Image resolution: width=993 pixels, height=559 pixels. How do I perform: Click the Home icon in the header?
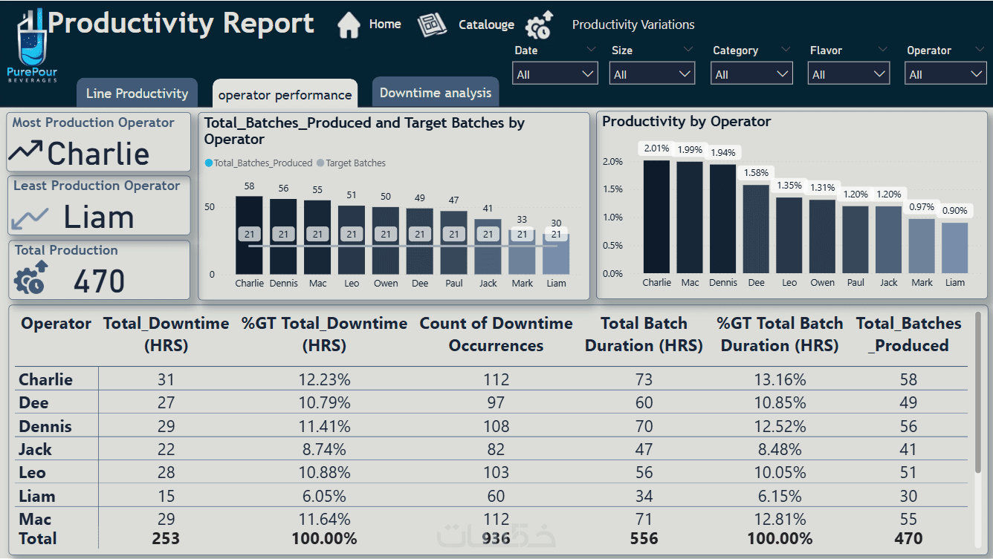(349, 24)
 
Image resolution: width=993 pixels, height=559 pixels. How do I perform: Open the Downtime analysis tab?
(436, 93)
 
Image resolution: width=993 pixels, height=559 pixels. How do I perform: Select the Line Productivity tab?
(137, 94)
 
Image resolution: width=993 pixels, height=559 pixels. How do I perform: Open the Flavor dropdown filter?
(848, 74)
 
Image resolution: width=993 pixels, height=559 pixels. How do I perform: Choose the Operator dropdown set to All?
(945, 74)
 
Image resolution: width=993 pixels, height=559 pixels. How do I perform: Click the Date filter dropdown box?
(555, 74)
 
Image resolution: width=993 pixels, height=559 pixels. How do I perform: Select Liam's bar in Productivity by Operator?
(954, 248)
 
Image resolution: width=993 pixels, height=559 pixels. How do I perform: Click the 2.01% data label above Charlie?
(656, 148)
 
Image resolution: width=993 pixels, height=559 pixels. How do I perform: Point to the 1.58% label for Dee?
(756, 173)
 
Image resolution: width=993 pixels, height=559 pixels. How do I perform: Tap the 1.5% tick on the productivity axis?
(612, 189)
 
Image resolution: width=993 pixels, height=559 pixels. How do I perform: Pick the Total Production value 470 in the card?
(100, 281)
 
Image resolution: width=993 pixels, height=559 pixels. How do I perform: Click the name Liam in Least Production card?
(98, 218)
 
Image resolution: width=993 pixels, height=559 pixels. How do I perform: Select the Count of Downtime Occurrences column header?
(496, 334)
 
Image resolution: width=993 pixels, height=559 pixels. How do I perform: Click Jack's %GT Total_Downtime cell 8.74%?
(324, 449)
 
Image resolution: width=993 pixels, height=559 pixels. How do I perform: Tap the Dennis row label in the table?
(45, 426)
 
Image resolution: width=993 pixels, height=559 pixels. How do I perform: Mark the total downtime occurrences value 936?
(496, 538)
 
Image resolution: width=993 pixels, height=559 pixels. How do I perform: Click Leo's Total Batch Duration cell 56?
(644, 473)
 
